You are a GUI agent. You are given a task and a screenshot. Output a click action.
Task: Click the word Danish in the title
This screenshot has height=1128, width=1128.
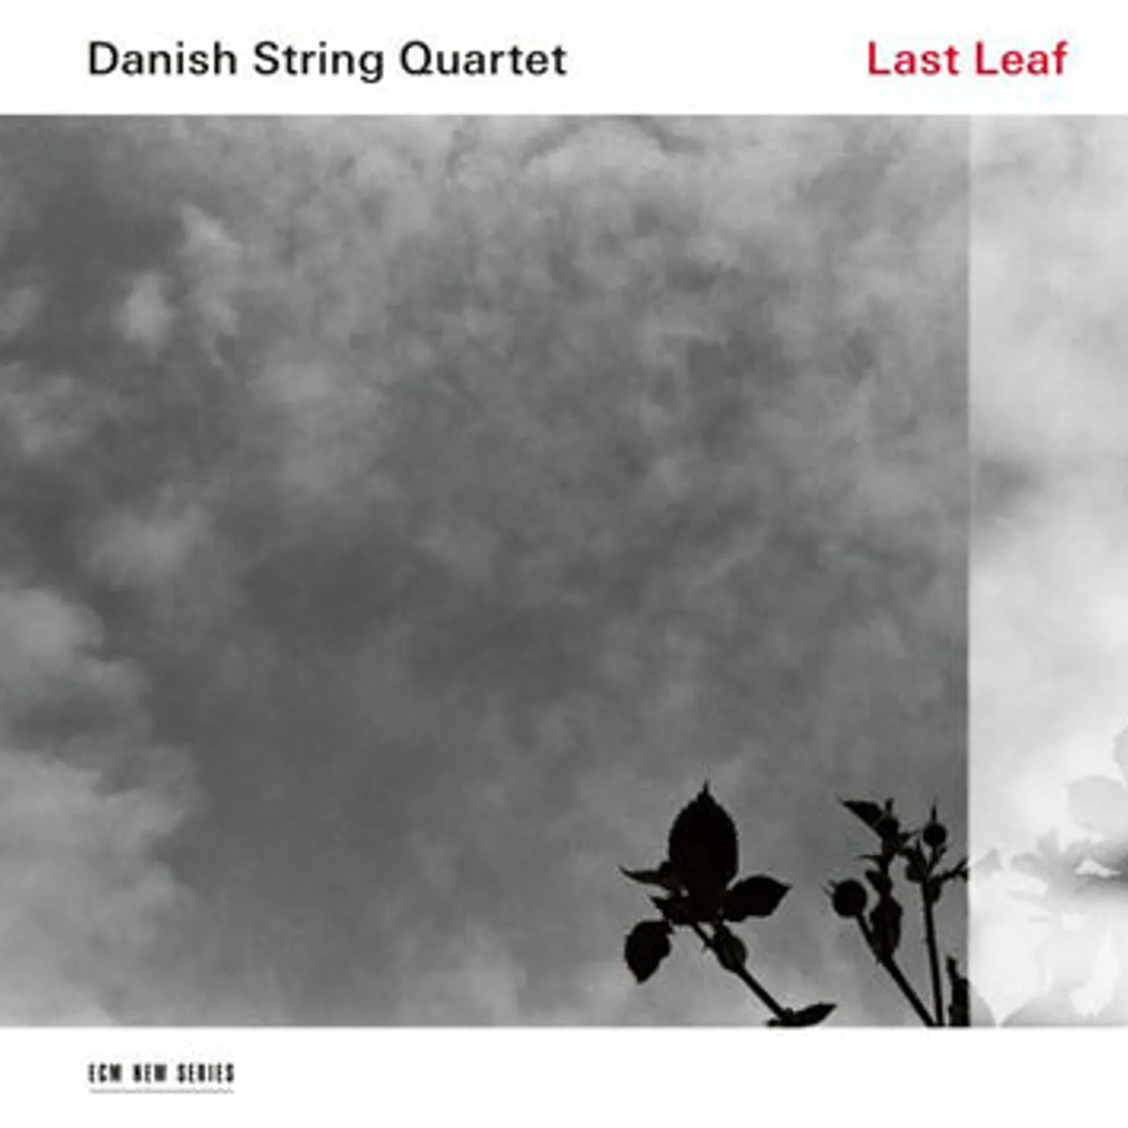162,60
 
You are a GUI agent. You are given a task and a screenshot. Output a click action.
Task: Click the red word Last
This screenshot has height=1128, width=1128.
913,60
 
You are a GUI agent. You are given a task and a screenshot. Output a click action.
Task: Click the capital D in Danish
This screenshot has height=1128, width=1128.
102,60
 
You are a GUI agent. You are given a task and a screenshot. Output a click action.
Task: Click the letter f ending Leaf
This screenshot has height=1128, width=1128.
1057,59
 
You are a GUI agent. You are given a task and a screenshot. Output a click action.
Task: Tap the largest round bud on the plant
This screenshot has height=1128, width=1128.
848,898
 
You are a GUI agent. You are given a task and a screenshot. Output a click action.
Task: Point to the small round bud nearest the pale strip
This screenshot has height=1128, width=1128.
934,834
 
